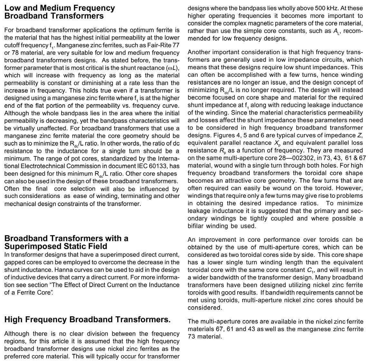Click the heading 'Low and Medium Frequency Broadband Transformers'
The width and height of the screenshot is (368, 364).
pos(60,12)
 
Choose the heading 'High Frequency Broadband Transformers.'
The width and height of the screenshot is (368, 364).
pos(87,319)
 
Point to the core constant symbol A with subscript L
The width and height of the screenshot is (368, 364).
pos(337,31)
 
